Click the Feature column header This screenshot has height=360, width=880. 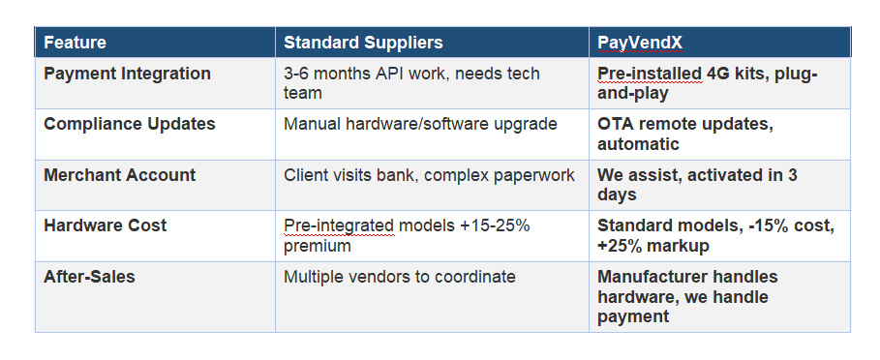coord(76,43)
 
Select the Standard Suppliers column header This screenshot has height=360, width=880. coord(363,43)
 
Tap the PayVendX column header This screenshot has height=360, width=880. coord(639,43)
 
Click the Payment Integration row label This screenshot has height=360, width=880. coord(128,74)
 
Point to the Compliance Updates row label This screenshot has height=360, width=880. coord(130,124)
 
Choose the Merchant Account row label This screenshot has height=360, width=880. coord(120,175)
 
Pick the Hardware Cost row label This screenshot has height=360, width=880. coord(106,225)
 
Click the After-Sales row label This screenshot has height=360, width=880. coord(90,277)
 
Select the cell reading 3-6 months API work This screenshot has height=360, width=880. coord(412,83)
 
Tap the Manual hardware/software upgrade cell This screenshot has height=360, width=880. coord(420,124)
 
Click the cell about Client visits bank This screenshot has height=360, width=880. coord(429,175)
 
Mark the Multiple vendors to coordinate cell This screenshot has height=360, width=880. coord(400,277)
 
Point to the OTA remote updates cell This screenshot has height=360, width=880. coord(685,134)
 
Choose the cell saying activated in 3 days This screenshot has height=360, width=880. coord(697,185)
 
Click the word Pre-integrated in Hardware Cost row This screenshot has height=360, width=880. coord(339,225)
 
